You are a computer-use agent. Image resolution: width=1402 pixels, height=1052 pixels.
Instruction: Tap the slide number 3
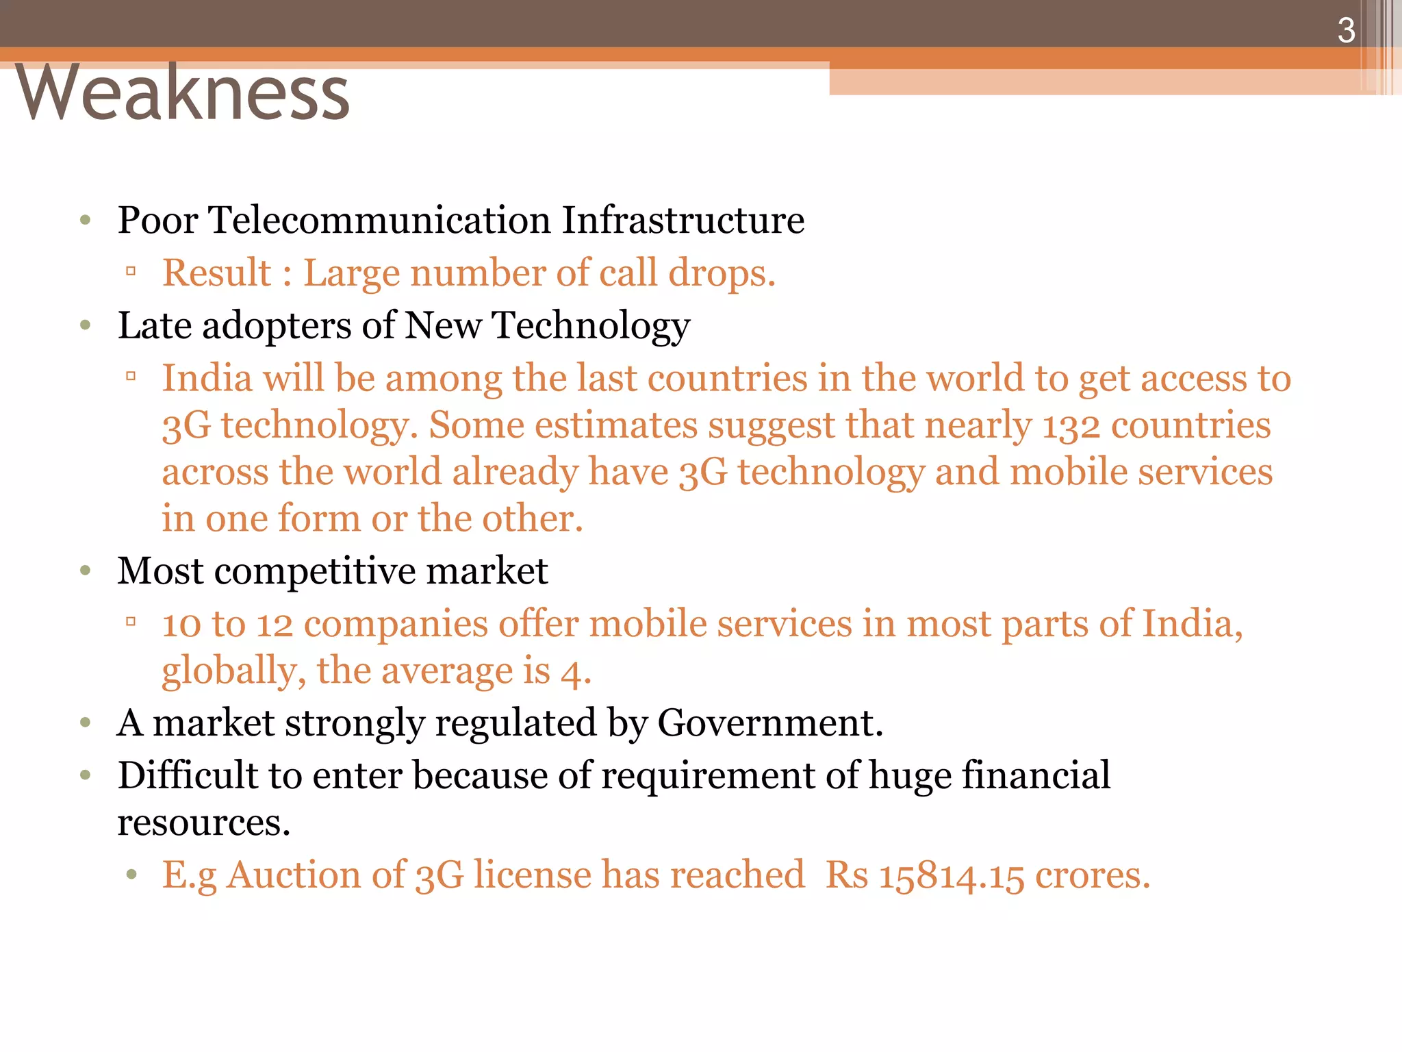click(x=1346, y=31)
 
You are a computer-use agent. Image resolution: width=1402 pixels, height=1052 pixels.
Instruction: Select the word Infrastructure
click(x=683, y=221)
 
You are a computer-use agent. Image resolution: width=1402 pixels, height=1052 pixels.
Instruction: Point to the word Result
click(x=216, y=273)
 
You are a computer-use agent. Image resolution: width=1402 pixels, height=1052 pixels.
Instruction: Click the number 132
click(x=1071, y=426)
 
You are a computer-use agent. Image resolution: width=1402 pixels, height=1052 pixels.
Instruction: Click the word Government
click(x=770, y=723)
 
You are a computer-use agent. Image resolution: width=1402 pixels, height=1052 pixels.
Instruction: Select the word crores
click(x=1093, y=876)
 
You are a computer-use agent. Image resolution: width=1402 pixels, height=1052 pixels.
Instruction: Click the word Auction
click(x=294, y=876)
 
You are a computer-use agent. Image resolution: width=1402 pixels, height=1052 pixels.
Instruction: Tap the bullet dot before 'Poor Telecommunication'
click(x=86, y=221)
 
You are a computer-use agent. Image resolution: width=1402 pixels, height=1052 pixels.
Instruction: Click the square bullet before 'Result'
click(x=131, y=272)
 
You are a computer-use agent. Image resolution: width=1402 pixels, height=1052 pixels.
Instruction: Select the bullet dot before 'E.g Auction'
click(x=131, y=875)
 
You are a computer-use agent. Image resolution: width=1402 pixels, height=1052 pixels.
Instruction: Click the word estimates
click(x=615, y=426)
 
